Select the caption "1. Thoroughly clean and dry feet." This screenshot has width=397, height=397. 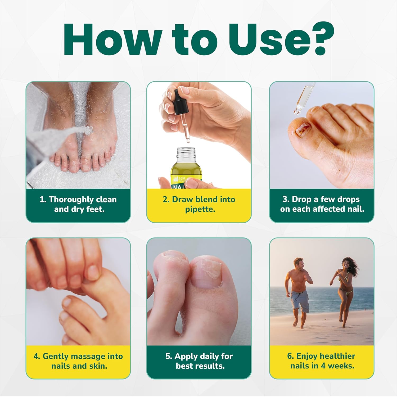[x=78, y=204]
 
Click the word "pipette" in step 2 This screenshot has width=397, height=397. [x=200, y=209]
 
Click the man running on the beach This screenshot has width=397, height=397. [x=299, y=291]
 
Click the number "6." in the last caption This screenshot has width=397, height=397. [x=291, y=356]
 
